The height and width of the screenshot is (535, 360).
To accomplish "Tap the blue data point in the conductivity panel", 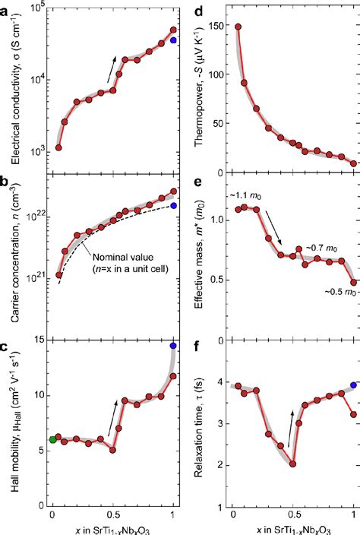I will coord(174,40).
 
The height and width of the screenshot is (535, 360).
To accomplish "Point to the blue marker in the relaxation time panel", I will coord(354,385).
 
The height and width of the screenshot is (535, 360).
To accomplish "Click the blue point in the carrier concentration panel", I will coord(174,205).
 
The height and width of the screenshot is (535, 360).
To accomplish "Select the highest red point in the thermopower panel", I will coord(238,27).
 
